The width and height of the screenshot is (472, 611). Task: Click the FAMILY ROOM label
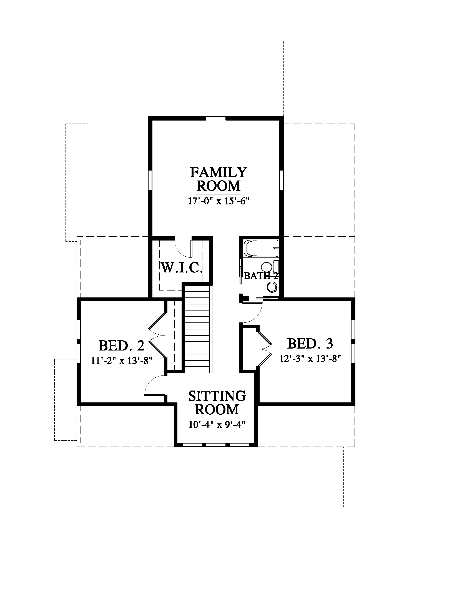click(219, 179)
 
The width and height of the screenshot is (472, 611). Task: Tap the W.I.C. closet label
click(182, 268)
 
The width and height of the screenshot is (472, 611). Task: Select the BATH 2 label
click(261, 276)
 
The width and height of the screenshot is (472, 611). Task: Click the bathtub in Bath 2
click(261, 248)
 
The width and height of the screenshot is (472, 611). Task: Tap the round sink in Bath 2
click(272, 287)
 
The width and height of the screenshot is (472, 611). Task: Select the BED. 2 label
click(122, 345)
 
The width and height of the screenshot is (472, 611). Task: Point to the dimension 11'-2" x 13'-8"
click(122, 361)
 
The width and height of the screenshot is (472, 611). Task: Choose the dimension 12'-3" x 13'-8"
click(310, 359)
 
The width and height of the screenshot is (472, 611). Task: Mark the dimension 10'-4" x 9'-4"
click(217, 425)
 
